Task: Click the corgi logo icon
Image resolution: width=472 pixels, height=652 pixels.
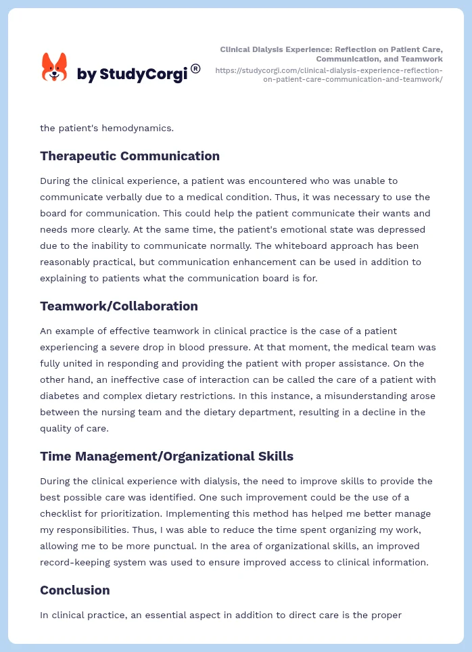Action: (54, 68)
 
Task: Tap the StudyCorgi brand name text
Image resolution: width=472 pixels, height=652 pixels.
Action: (132, 74)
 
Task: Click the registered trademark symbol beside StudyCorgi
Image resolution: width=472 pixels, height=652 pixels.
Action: (195, 68)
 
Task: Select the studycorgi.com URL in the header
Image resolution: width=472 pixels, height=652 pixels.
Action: (329, 74)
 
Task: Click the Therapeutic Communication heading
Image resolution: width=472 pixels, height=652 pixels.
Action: (129, 156)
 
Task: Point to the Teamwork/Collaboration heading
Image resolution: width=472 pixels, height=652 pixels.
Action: (118, 306)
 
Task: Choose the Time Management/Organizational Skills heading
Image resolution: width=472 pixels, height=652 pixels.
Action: (166, 456)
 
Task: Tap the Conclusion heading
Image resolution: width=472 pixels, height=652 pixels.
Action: (74, 590)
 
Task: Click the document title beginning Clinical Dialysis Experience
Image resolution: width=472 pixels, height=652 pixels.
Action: (331, 54)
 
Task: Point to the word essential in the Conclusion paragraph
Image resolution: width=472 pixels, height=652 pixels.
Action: (187, 615)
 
